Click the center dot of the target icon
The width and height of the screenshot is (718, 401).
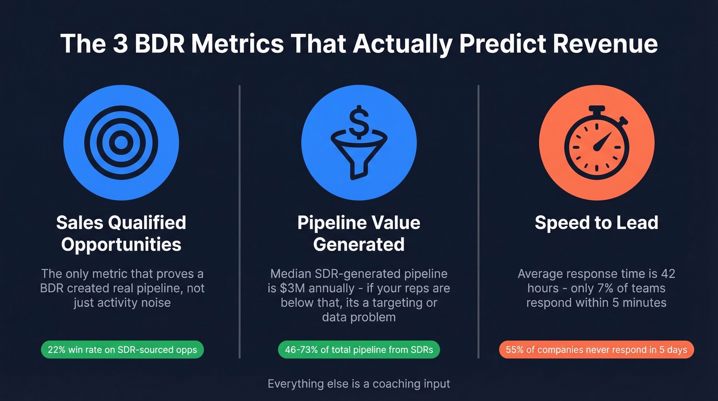point(121,142)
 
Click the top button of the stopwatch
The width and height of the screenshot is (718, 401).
point(596,109)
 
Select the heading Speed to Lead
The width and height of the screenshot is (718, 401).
point(596,223)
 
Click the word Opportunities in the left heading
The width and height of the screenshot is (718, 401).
point(121,244)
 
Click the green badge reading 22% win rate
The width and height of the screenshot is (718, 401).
point(122,350)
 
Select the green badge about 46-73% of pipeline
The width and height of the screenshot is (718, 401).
point(358,350)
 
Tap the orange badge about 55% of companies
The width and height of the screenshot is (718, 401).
point(596,350)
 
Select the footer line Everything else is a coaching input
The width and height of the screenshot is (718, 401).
point(358,384)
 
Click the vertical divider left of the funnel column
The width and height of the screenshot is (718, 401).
point(240,221)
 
